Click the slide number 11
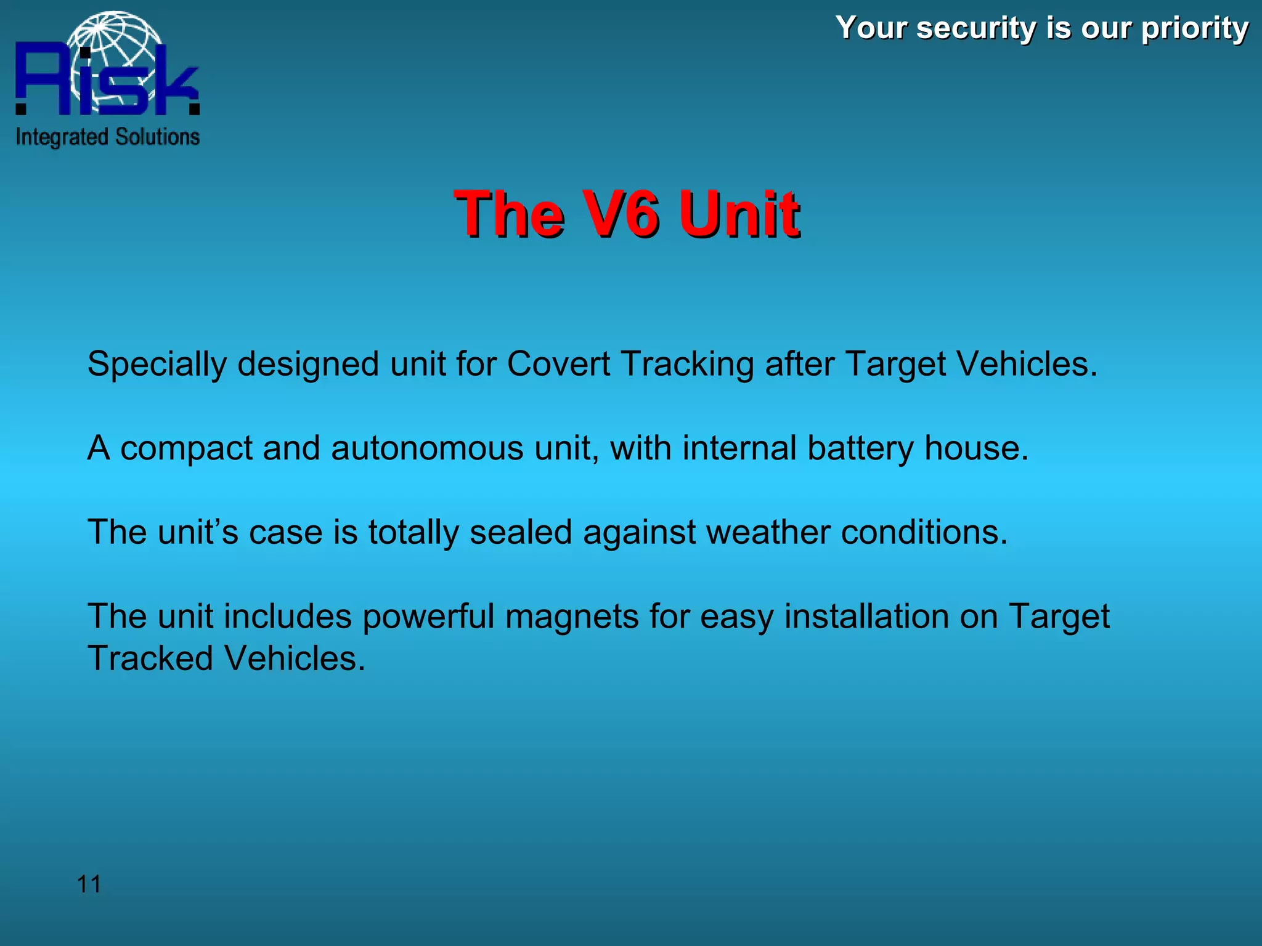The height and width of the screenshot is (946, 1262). pyautogui.click(x=89, y=884)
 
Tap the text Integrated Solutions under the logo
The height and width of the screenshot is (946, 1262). pyautogui.click(x=108, y=137)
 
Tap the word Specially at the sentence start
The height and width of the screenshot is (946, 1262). pyautogui.click(x=157, y=365)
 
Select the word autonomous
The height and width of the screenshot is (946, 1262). pyautogui.click(x=427, y=448)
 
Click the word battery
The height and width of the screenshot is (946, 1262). pyautogui.click(x=860, y=449)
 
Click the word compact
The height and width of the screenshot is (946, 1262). pyautogui.click(x=186, y=449)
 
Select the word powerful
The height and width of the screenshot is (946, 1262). pyautogui.click(x=428, y=617)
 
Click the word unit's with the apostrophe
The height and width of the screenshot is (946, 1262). pyautogui.click(x=198, y=532)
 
